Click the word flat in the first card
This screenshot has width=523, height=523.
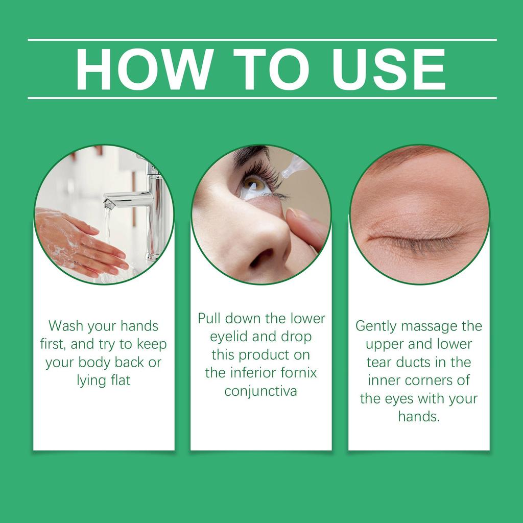[x=119, y=381]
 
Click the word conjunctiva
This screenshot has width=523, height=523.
[x=260, y=391]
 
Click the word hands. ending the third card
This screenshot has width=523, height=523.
[x=418, y=417]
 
